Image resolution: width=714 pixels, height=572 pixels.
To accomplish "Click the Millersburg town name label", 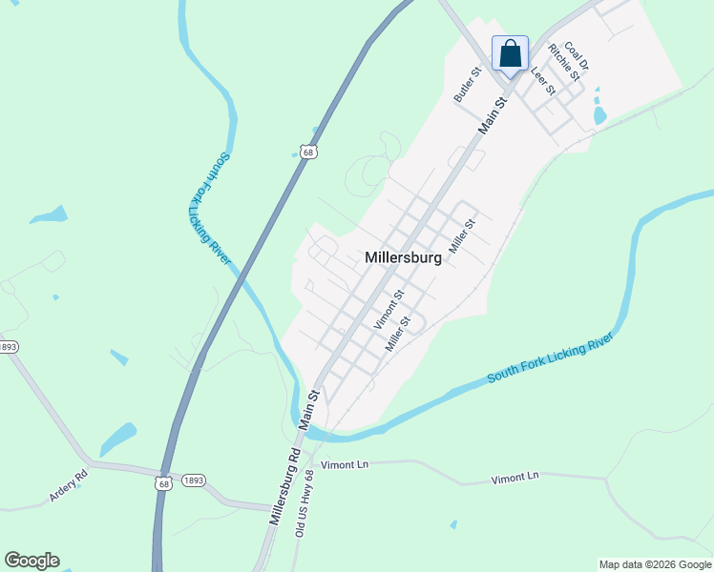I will coord(403,257).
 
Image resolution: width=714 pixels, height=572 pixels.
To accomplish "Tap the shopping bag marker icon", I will coord(510,53).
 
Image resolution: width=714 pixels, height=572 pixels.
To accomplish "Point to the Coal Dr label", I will coord(577,56).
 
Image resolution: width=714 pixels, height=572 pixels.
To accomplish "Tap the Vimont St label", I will coord(389,310).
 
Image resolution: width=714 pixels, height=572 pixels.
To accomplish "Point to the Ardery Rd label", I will coord(68,484).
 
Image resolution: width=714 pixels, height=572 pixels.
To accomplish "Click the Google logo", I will coord(31,561).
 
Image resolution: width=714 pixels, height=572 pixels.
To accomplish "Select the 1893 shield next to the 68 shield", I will coord(193,480).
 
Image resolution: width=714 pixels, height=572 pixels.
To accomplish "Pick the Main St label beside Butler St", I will coord(493,113).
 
